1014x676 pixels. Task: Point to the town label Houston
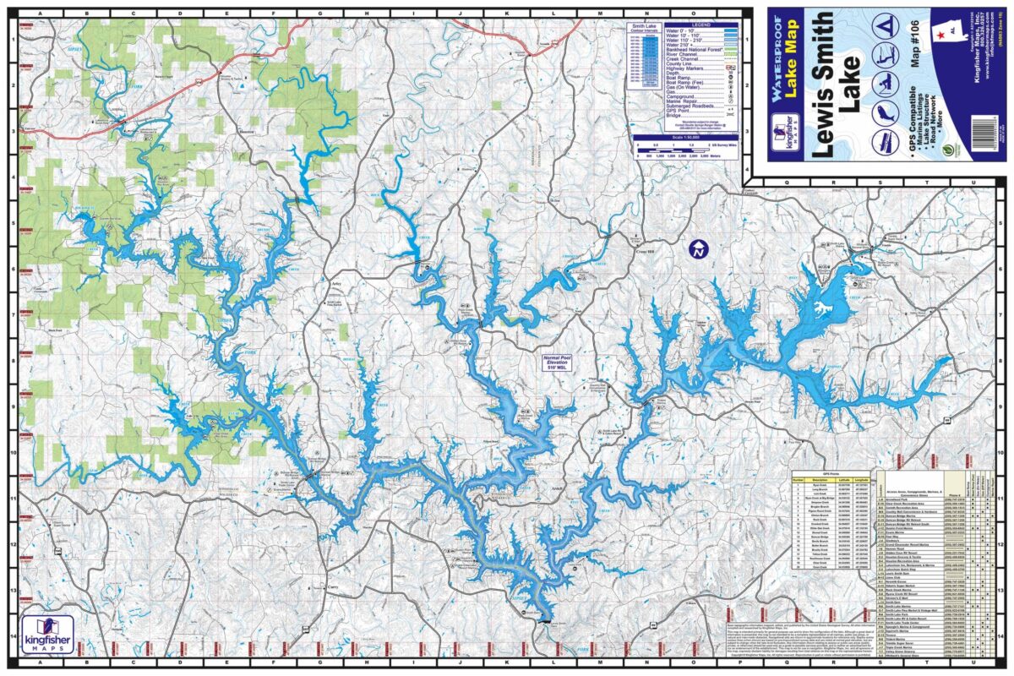[246, 133]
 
